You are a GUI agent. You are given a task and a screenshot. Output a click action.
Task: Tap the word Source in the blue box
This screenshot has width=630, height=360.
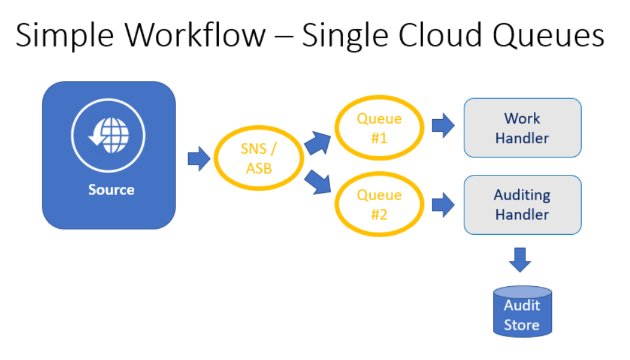point(111,190)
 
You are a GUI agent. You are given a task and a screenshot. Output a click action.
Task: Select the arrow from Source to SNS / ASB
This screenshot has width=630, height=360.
point(198,159)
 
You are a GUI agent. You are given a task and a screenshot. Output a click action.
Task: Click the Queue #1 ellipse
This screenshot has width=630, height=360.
point(379,128)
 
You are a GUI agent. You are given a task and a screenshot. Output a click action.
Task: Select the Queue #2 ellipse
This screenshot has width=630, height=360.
point(379,205)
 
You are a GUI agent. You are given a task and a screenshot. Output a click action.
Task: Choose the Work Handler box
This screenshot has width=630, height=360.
point(522,128)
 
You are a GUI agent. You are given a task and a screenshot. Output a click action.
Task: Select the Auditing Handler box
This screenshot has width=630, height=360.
point(522,205)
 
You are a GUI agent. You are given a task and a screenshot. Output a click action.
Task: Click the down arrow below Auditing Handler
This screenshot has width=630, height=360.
point(520,260)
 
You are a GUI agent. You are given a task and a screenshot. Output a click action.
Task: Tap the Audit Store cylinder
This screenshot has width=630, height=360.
point(521,313)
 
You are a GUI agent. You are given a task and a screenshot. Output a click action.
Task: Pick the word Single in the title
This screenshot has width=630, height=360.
point(343,36)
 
